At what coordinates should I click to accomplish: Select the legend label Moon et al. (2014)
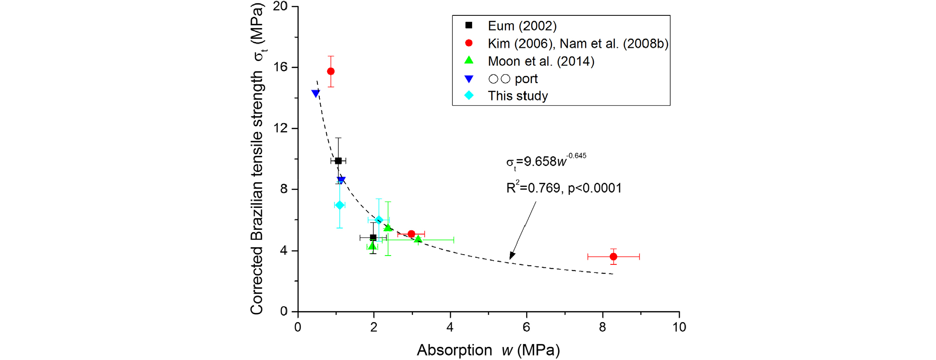point(541,61)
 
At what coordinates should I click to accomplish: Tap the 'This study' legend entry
point(517,96)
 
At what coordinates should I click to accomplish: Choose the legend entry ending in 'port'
point(513,79)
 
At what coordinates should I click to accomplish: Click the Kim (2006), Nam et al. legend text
point(578,43)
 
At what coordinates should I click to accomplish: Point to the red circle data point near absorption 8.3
point(613,256)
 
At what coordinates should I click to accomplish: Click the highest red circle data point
point(330,71)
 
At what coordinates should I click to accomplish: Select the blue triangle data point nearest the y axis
point(316,94)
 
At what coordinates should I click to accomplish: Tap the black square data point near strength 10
point(338,161)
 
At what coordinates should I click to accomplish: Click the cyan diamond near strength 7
point(339,205)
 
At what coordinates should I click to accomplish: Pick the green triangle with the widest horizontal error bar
point(418,239)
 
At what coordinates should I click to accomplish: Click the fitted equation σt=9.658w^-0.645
point(546,161)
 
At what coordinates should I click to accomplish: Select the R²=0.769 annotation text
point(564,188)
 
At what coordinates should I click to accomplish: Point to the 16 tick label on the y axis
point(281,67)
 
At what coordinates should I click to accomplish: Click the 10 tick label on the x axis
point(679,327)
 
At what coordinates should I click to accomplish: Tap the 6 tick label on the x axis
point(526,327)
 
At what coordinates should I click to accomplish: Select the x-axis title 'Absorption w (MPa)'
point(488,350)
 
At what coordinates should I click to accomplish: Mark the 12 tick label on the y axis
point(281,128)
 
